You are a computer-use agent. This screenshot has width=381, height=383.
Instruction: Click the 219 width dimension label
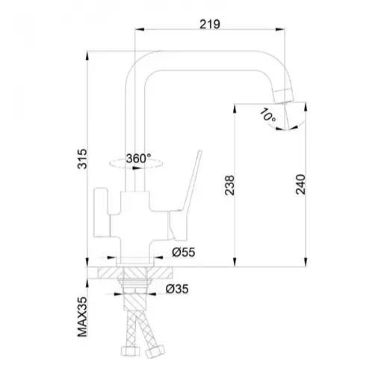coord(210,24)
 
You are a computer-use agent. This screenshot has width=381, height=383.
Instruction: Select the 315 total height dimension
coord(82,159)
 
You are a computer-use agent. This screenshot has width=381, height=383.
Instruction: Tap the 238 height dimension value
coord(229,185)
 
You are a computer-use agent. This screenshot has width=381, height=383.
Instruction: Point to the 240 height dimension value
coord(300,184)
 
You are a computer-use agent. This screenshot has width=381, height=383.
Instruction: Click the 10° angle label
coord(267,115)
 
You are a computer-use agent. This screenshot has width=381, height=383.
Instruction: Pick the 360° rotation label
coord(138,159)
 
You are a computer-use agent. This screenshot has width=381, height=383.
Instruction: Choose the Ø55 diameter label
coord(184,252)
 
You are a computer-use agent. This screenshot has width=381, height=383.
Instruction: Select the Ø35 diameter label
coord(177,289)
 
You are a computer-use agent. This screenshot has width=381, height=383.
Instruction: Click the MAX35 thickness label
coord(82,316)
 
